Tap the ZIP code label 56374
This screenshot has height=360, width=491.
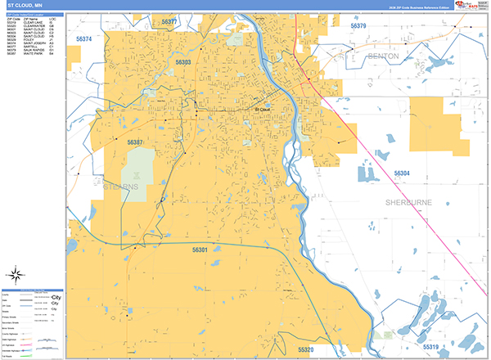pos(83,38)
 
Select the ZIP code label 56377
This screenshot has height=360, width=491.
pos(169,22)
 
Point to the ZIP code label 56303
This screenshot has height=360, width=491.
pos(182,62)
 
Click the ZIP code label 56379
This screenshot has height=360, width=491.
pos(358,26)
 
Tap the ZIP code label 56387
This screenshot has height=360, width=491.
pos(135,142)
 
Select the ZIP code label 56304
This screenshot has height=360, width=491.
pos(401,173)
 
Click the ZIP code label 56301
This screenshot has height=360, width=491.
pos(200,249)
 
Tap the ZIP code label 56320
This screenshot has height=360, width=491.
pos(305,349)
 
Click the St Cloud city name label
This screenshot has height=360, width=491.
pos(262,109)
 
